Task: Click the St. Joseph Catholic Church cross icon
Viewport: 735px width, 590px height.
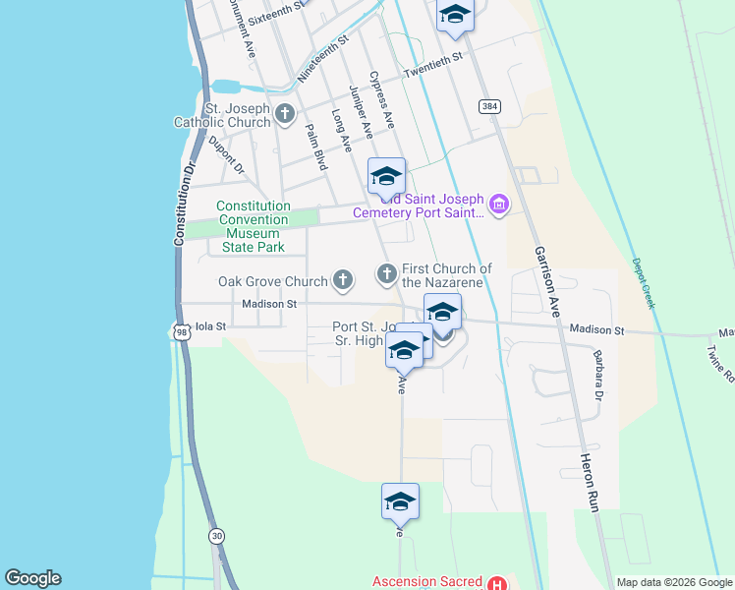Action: (x=285, y=114)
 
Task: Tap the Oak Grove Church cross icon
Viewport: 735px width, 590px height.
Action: (x=343, y=281)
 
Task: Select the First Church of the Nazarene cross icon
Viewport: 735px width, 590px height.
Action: (x=387, y=272)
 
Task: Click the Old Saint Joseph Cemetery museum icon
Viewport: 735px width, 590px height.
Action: (x=498, y=205)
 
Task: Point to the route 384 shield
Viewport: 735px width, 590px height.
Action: (x=487, y=105)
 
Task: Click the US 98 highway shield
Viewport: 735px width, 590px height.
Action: (x=181, y=332)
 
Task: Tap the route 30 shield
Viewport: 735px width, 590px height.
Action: (x=215, y=535)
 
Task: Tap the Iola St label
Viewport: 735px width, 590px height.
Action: (x=211, y=325)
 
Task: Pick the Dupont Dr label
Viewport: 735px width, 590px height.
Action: (x=225, y=155)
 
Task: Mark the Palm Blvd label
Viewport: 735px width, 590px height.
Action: (x=315, y=147)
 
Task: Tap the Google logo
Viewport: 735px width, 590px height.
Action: (x=32, y=578)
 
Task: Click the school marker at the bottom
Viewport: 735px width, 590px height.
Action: (x=400, y=502)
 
